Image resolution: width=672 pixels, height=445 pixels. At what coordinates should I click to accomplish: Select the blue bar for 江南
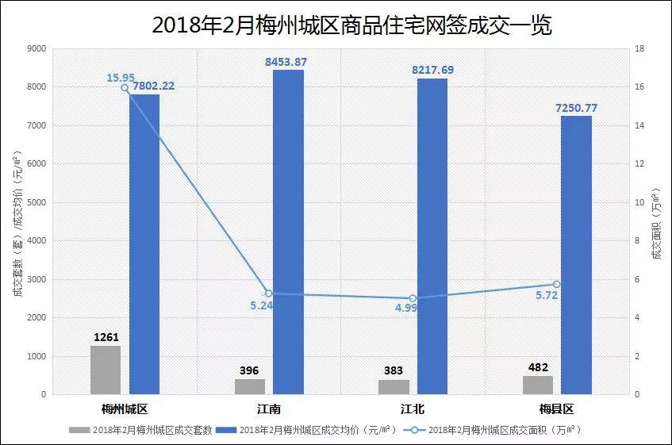[x=288, y=232]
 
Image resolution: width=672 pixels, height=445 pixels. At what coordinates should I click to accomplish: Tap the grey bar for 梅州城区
[x=106, y=370]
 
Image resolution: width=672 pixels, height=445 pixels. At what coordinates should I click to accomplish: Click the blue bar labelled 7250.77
[x=576, y=255]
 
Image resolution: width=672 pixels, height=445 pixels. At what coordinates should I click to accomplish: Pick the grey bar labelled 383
[x=394, y=386]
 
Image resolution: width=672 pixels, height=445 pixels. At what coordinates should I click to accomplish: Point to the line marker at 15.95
[x=125, y=88]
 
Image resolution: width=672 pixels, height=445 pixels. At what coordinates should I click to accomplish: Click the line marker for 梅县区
[x=556, y=284]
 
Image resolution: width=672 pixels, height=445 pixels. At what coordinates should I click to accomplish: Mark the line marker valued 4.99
[x=413, y=298]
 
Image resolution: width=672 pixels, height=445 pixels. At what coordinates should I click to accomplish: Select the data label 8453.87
[x=287, y=61]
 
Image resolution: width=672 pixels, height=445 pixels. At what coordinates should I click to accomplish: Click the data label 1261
[x=106, y=337]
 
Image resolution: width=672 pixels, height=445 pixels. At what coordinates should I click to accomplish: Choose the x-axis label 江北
[x=413, y=409]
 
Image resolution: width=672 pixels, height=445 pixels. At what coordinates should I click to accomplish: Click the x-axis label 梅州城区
[x=125, y=409]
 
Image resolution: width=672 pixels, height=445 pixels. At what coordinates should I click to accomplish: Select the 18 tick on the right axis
[x=639, y=49]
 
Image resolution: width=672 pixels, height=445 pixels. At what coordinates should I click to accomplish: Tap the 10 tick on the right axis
[x=639, y=202]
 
